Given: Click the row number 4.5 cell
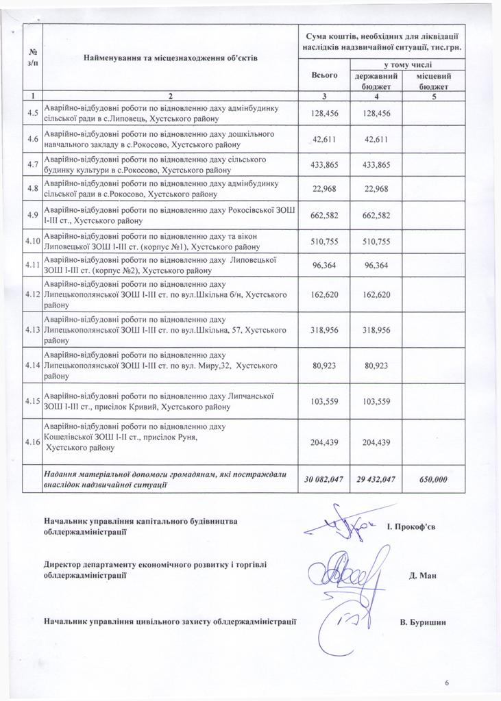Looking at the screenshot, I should (x=32, y=113).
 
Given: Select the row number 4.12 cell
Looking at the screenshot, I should (x=32, y=294).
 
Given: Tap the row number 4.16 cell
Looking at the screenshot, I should (x=32, y=442).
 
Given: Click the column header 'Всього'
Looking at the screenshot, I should (x=324, y=75).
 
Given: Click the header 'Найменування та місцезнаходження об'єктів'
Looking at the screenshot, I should (x=170, y=58).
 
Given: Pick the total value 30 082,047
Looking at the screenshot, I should (x=324, y=479).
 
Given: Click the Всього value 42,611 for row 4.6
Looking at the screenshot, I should (x=324, y=139).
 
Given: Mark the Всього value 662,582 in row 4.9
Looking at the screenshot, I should (x=324, y=216).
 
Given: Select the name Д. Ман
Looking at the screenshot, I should (x=423, y=575).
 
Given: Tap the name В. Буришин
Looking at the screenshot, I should (x=423, y=622).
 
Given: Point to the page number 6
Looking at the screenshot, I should (x=447, y=683).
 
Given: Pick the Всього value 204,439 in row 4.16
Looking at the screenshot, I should (x=324, y=442).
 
